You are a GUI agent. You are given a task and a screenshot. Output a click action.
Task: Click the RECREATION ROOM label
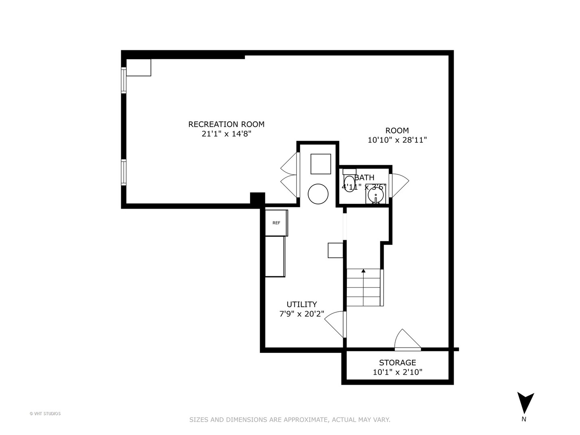226,124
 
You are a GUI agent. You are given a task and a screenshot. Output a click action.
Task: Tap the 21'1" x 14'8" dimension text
226,134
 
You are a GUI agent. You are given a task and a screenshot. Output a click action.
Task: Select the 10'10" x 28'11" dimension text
397,140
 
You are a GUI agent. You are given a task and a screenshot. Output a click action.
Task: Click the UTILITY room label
302,304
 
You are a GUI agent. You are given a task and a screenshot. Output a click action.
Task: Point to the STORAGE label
397,362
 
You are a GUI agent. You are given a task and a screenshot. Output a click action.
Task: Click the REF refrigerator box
276,223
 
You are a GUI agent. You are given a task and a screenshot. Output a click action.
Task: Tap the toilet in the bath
349,183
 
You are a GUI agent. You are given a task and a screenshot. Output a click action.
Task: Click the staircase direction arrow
363,271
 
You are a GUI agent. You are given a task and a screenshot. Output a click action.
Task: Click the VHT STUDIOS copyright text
45,414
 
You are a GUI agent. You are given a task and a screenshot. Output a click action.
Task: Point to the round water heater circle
318,194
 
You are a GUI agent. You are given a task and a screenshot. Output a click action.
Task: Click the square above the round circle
321,164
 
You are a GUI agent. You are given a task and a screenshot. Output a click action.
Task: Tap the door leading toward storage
407,340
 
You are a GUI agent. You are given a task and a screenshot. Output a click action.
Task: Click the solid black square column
257,199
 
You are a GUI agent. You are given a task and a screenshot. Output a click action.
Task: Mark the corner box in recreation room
139,67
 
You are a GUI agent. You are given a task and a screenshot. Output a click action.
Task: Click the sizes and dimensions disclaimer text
290,420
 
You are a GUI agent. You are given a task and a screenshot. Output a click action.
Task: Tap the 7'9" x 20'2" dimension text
302,314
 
